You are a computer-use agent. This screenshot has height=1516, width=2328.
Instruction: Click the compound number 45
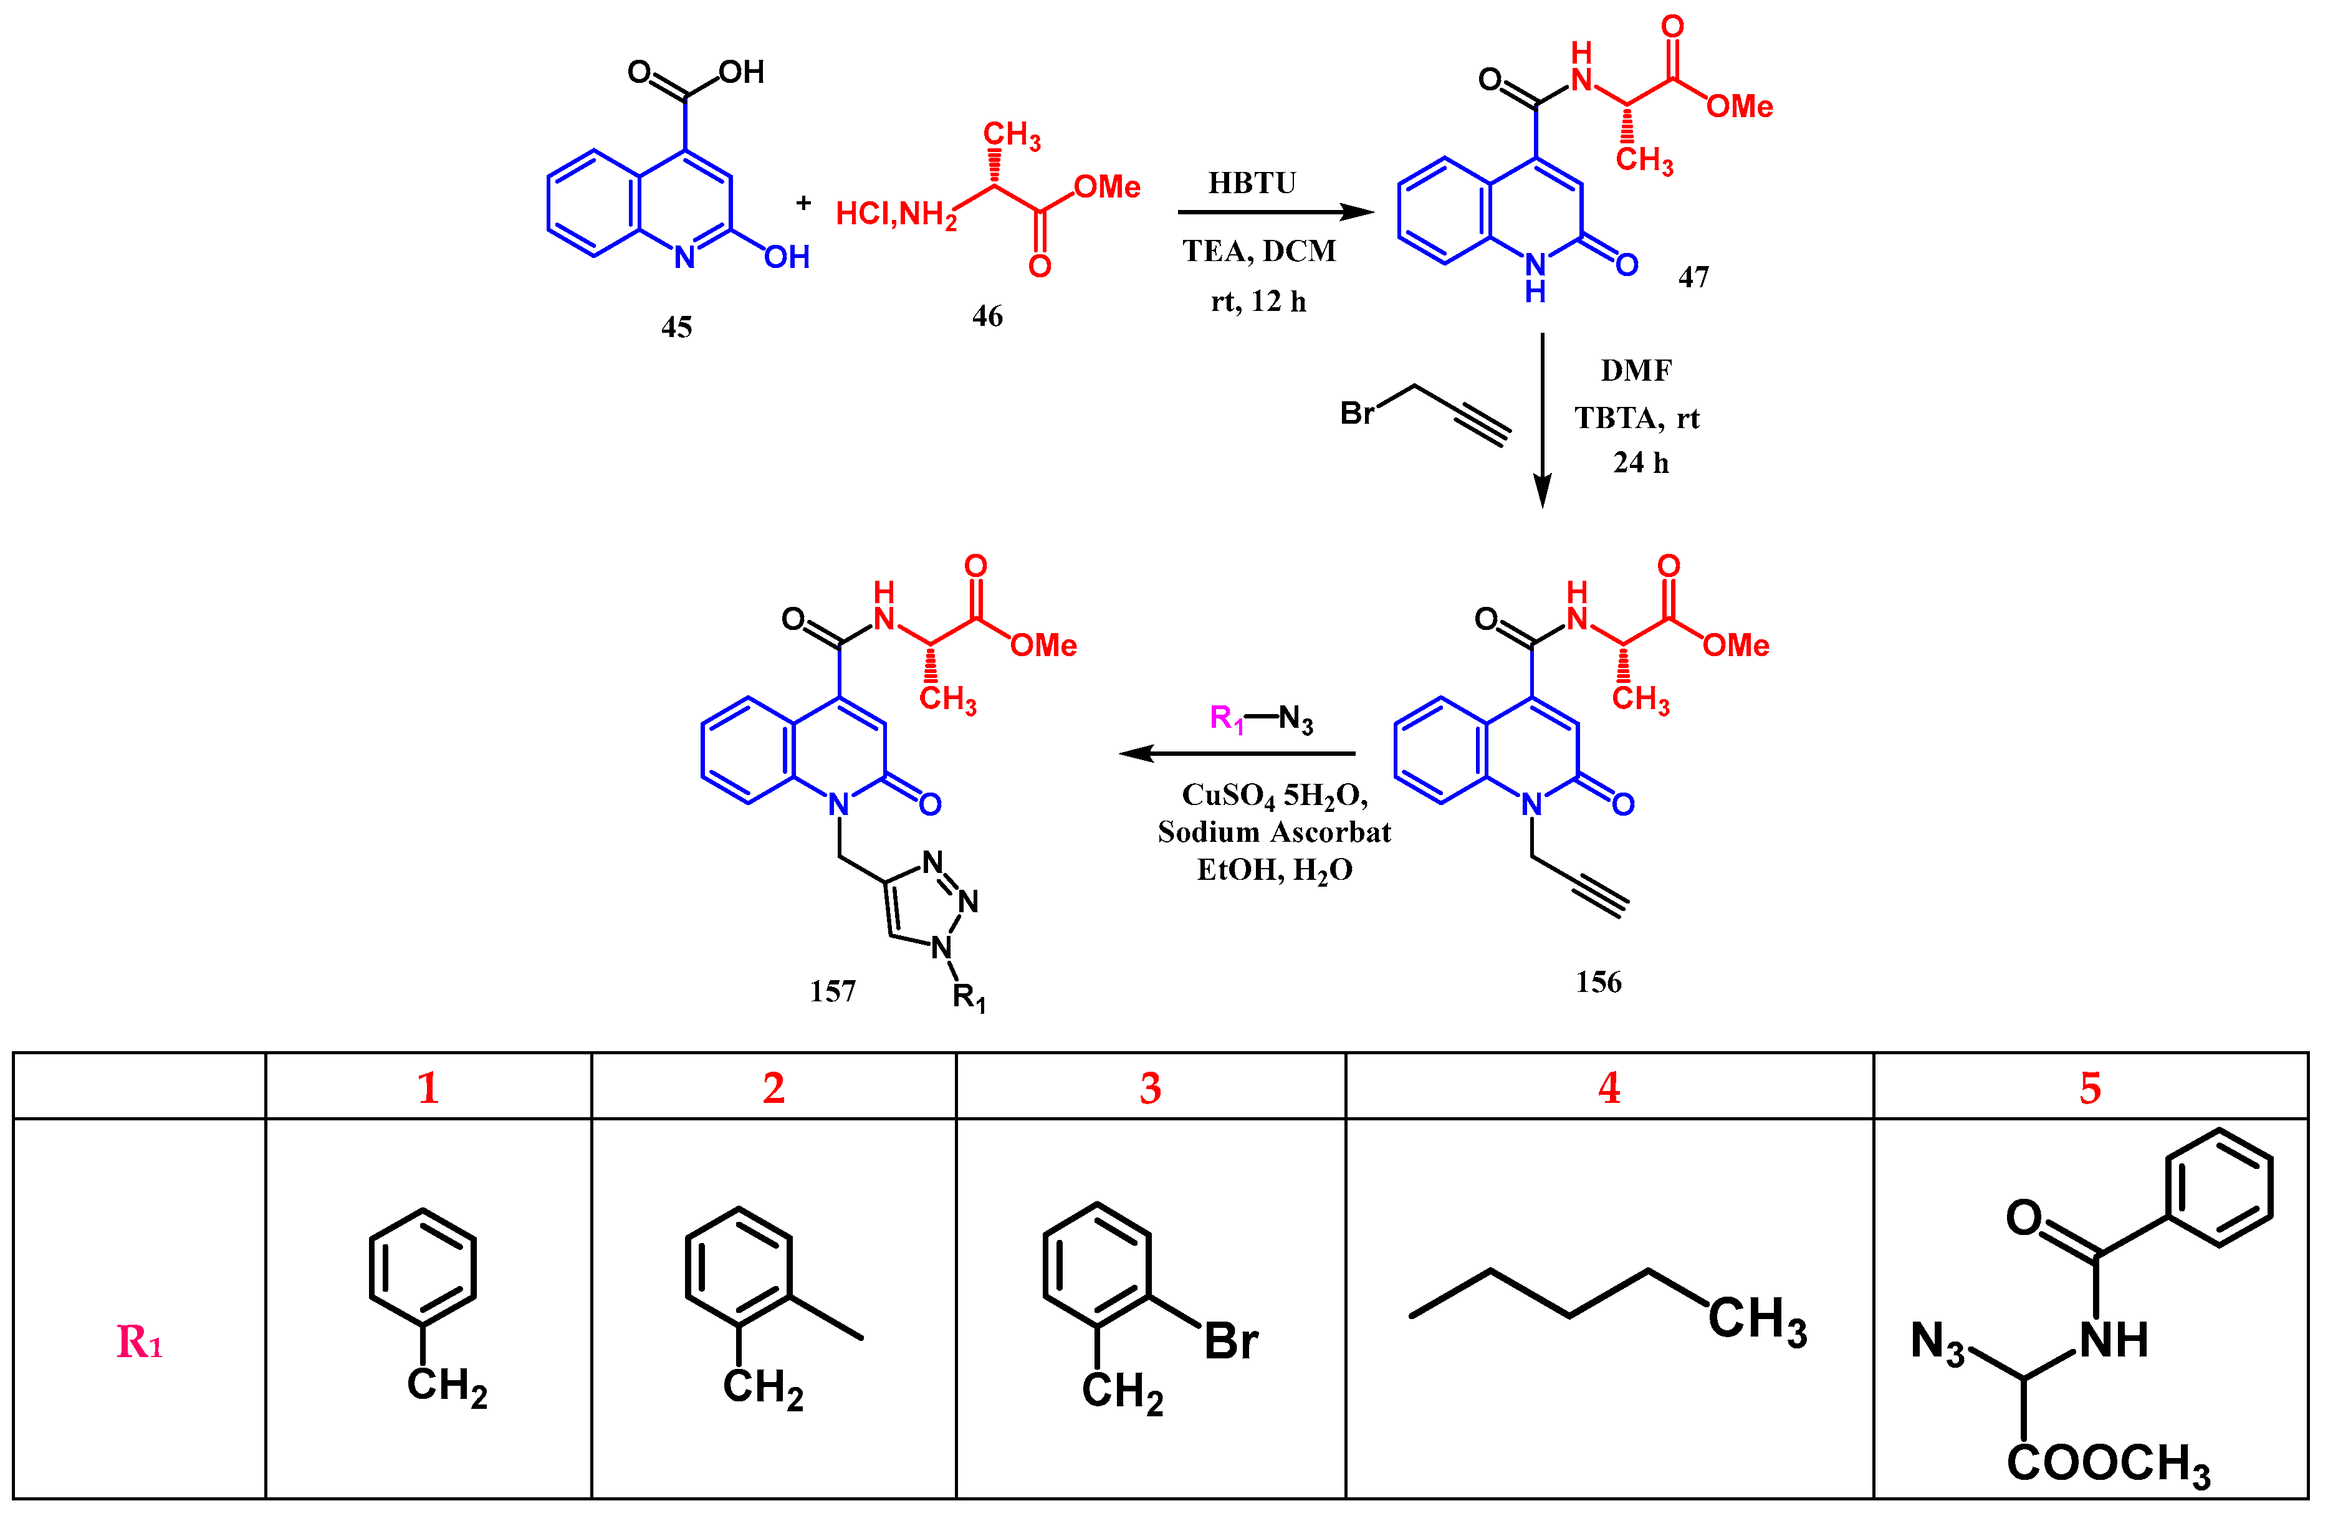point(676,327)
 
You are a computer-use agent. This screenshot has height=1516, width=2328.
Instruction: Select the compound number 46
point(987,316)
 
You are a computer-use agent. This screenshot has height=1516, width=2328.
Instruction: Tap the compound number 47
point(1693,278)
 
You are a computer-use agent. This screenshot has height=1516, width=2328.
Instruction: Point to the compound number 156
point(1598,982)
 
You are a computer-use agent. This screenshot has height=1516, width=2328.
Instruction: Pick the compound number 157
point(832,992)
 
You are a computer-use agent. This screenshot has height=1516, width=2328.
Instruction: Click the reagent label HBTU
point(1252,183)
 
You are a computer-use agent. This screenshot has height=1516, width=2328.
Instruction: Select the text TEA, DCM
point(1259,251)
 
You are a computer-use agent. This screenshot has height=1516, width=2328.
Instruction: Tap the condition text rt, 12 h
point(1259,301)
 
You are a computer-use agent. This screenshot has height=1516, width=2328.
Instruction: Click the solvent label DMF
point(1636,371)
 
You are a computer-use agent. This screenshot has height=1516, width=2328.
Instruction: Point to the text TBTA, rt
point(1636,419)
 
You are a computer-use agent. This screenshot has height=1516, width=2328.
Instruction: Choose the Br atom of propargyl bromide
point(1357,414)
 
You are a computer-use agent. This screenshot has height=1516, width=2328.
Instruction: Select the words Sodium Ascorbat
point(1273,832)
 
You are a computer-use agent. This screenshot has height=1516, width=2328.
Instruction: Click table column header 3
point(1151,1087)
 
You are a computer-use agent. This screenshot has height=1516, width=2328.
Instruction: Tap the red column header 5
point(2089,1087)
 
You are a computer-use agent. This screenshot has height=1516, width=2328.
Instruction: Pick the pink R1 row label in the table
point(139,1342)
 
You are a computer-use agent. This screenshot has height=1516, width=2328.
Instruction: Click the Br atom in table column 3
point(1230,1341)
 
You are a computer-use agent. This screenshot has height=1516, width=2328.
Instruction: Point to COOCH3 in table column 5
point(2108,1465)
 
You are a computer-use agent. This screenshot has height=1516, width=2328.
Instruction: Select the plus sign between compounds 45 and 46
point(803,203)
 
